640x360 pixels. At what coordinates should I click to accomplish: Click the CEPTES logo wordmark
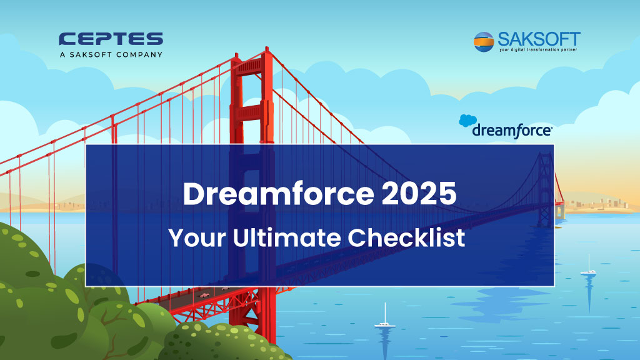[111, 39]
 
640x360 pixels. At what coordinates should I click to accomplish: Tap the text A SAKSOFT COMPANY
[111, 55]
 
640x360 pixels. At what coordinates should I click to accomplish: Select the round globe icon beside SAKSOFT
[484, 42]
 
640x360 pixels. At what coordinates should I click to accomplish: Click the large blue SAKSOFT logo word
[539, 39]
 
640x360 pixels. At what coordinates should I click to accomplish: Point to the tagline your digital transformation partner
[538, 50]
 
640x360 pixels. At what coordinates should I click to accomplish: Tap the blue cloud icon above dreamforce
[467, 121]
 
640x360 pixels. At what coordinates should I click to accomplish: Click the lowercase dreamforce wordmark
[512, 131]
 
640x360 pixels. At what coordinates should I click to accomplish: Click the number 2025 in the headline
[419, 194]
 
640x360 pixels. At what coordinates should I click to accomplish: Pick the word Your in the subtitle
[197, 237]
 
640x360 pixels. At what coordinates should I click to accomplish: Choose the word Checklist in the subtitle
[406, 237]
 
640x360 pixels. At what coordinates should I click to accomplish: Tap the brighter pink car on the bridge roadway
[204, 295]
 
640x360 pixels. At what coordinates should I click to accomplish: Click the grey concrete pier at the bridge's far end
[561, 211]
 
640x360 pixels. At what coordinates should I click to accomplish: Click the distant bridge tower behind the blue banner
[545, 189]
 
